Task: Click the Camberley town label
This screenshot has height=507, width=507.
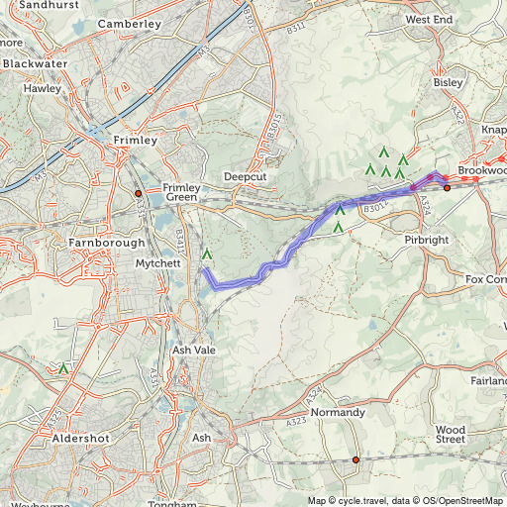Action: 131,22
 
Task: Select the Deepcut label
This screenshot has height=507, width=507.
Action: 247,176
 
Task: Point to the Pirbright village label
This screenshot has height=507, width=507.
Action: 428,241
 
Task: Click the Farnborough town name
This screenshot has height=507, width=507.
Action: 108,243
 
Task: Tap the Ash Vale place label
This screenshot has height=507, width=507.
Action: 193,351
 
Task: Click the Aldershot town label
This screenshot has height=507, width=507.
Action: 78,437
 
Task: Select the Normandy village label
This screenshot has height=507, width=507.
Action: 339,413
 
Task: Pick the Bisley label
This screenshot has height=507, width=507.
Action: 448,83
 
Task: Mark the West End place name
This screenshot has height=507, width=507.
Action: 429,20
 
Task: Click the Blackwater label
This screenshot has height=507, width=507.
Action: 35,63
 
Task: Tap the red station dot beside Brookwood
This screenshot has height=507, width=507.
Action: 447,186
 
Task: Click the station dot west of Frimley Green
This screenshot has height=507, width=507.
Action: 139,193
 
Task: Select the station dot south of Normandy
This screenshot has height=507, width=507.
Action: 355,459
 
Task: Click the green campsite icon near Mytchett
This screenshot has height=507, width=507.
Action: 207,255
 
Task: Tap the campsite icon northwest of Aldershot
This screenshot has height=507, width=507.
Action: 64,368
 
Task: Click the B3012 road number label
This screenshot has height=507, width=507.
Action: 373,209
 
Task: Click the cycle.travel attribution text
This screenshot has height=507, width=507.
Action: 355,500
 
